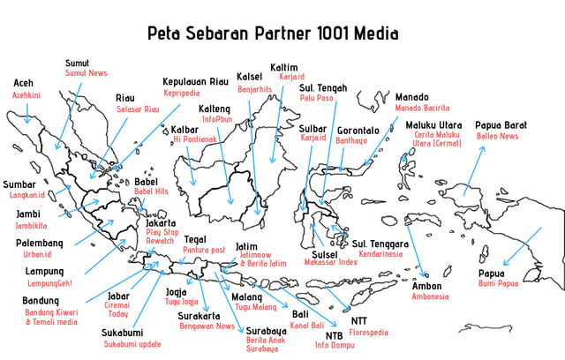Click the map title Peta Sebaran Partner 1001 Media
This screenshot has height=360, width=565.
click(x=272, y=34)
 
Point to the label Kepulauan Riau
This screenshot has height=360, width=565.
click(x=195, y=81)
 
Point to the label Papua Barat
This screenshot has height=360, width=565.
click(x=501, y=125)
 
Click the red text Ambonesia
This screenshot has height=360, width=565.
click(x=431, y=296)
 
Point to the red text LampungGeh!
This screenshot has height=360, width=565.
click(x=49, y=282)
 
